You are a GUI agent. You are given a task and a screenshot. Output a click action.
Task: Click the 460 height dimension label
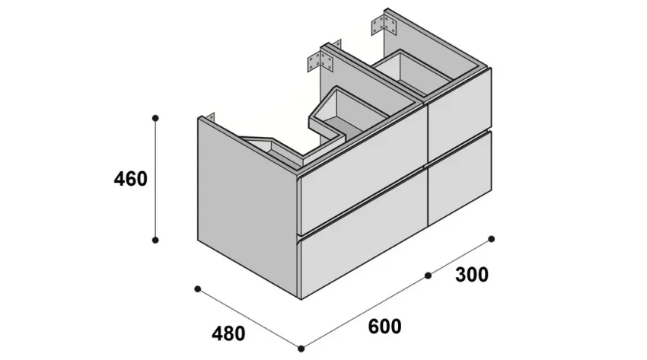pyautogui.click(x=129, y=180)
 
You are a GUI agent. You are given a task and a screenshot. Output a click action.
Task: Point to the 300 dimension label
pyautogui.click(x=471, y=274)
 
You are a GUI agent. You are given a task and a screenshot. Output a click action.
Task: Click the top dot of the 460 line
pyautogui.click(x=155, y=118)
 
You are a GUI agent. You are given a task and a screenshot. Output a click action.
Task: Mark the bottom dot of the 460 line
pyautogui.click(x=155, y=240)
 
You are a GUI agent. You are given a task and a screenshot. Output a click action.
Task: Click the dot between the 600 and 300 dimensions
pyautogui.click(x=428, y=275)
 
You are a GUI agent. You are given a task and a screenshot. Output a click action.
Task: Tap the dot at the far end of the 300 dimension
pyautogui.click(x=492, y=239)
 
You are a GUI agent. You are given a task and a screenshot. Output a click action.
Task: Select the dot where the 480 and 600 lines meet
pyautogui.click(x=301, y=349)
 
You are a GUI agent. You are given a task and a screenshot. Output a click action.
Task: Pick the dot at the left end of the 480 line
pyautogui.click(x=197, y=288)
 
